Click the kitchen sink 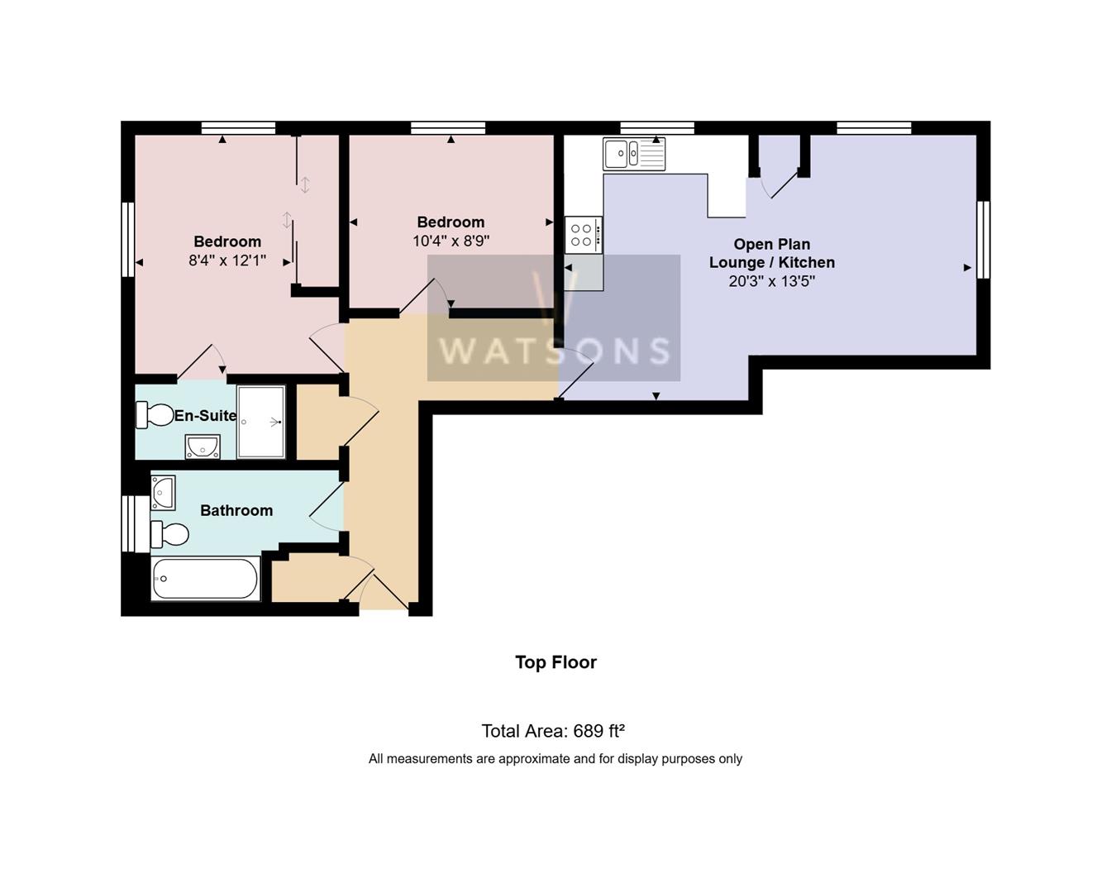click(x=634, y=154)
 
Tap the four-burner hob click(x=583, y=235)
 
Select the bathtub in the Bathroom click(x=205, y=578)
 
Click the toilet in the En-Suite click(x=154, y=415)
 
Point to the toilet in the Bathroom click(x=169, y=534)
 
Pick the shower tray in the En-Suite click(x=261, y=422)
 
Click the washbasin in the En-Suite click(x=202, y=446)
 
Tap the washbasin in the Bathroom click(x=163, y=492)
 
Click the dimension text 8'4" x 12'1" click(x=227, y=260)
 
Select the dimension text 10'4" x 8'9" click(x=451, y=241)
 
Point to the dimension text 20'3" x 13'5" click(x=771, y=281)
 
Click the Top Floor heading click(x=555, y=662)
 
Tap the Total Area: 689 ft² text click(x=553, y=731)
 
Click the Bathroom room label click(x=236, y=510)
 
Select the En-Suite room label click(x=205, y=415)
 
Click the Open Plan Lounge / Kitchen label click(x=771, y=253)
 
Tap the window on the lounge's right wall click(x=983, y=240)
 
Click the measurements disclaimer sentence click(x=555, y=759)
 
